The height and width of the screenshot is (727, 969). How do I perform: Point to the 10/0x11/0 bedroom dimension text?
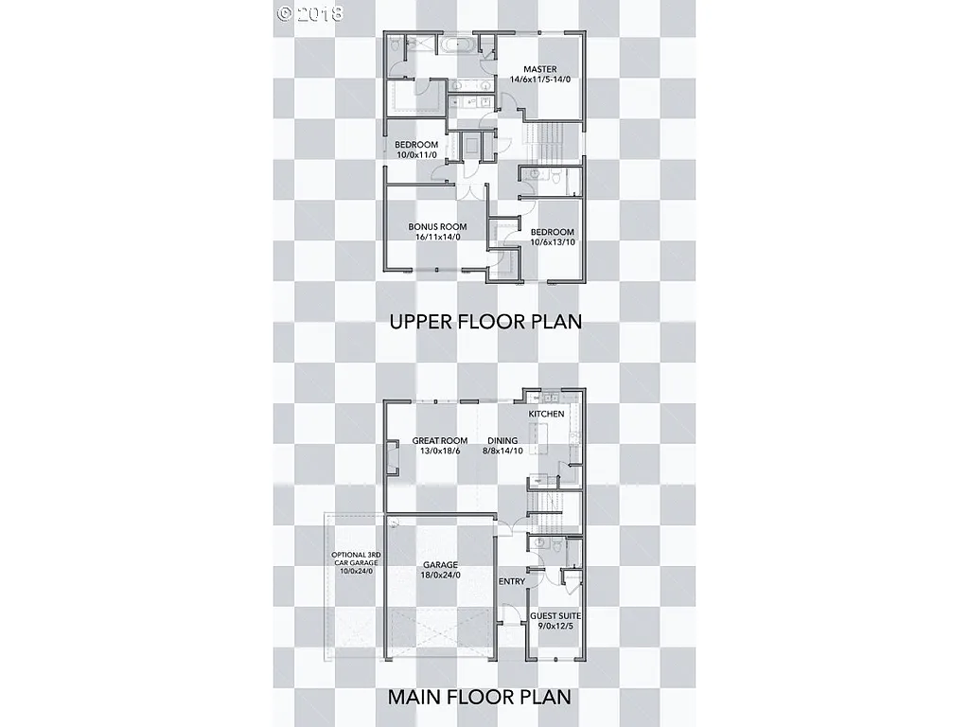[415, 154]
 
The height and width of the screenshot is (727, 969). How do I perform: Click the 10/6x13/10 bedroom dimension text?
[552, 242]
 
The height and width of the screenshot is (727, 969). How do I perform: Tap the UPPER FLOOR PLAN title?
[485, 322]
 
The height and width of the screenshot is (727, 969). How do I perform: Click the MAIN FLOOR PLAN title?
[480, 698]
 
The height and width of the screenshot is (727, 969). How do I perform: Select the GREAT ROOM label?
[440, 440]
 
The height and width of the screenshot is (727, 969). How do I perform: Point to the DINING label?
[502, 440]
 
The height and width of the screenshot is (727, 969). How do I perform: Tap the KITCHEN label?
[546, 414]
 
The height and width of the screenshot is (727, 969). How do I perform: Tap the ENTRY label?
[511, 581]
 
